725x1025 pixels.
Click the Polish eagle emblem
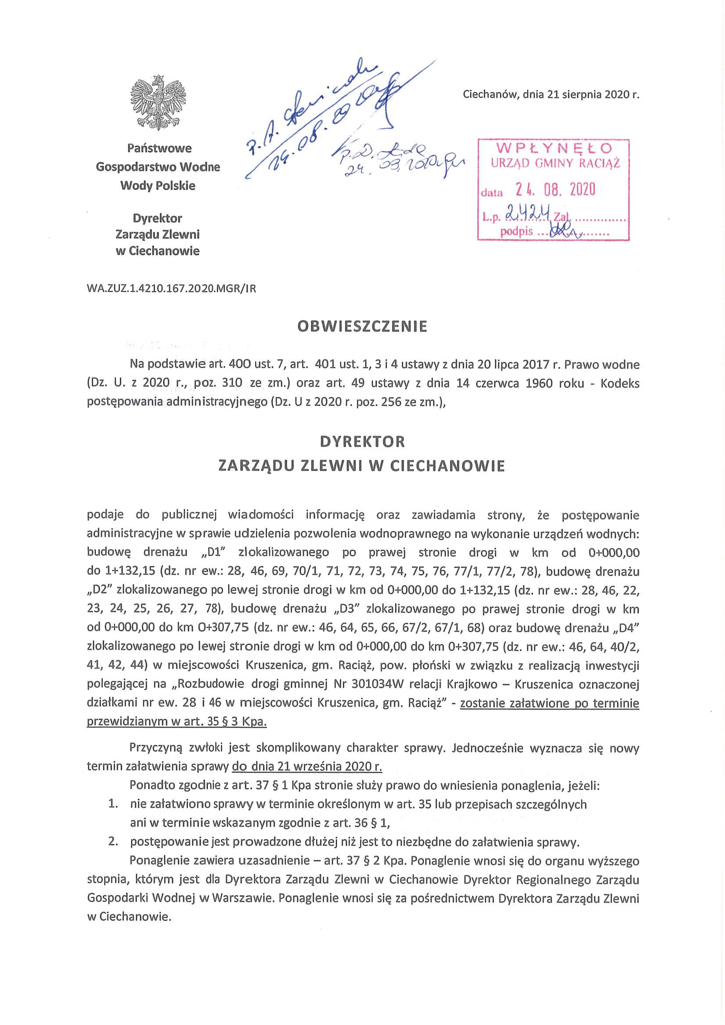click(x=158, y=103)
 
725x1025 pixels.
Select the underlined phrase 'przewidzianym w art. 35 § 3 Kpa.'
click(x=177, y=722)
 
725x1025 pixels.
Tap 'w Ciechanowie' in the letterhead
click(x=158, y=251)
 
